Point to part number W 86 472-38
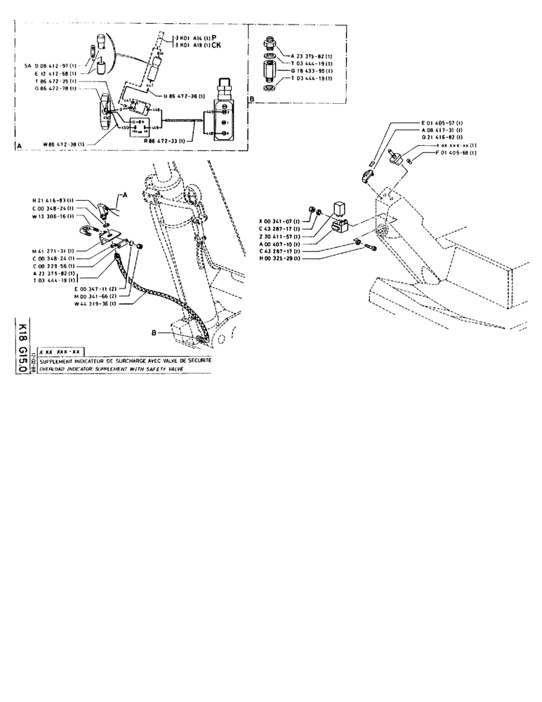click(58, 144)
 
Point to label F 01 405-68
click(456, 153)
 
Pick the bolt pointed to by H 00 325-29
click(371, 247)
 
